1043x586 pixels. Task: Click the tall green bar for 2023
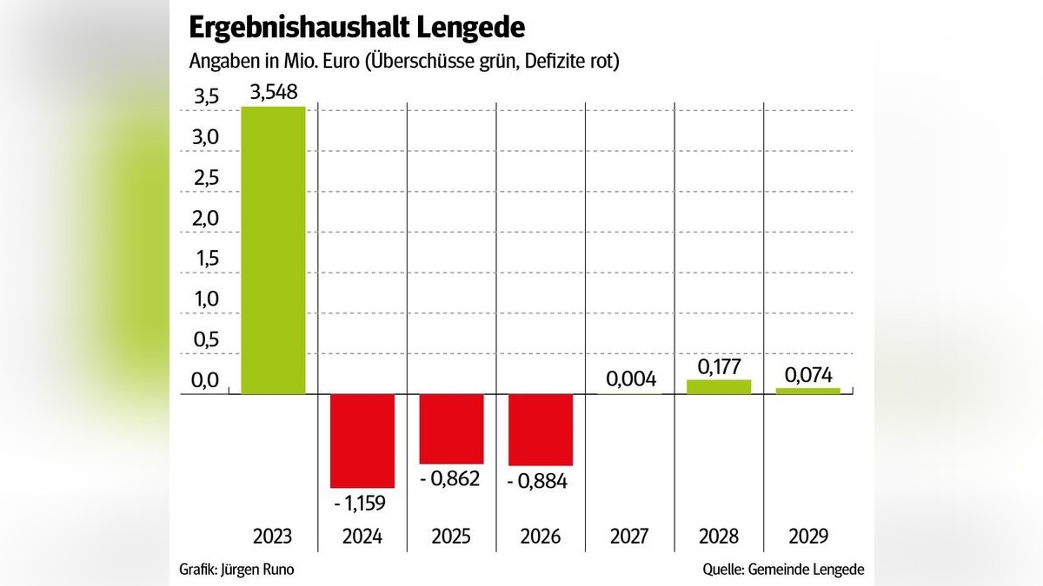tap(273, 250)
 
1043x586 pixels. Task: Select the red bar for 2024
tap(362, 441)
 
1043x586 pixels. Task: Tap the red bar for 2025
tap(451, 429)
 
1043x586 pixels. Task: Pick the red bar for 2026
tap(541, 430)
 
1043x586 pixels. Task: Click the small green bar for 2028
tap(719, 387)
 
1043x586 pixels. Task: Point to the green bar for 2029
tap(808, 391)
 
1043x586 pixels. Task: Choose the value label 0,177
tap(719, 365)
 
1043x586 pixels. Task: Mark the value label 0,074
tap(808, 374)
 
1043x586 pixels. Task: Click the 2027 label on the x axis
tap(630, 537)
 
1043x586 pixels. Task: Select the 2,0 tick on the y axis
tap(205, 219)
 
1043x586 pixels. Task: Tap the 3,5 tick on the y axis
tap(205, 98)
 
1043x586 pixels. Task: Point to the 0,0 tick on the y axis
tap(205, 380)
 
